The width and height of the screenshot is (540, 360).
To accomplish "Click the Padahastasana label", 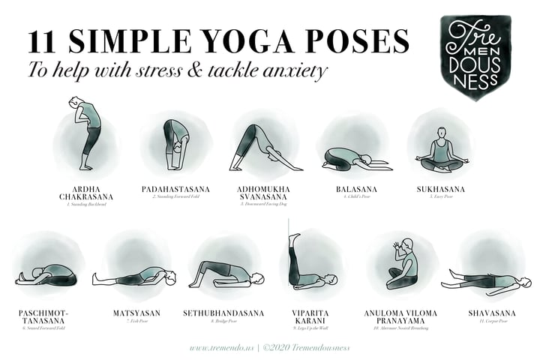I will click(175, 189).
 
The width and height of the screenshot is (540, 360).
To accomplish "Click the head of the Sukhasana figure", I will click(441, 132).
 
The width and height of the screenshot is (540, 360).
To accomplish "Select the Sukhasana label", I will click(440, 189).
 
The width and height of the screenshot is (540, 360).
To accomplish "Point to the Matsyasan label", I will click(135, 312).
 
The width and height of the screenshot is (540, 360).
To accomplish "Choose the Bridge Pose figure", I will click(225, 274).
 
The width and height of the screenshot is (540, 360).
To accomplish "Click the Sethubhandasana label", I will click(223, 312).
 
